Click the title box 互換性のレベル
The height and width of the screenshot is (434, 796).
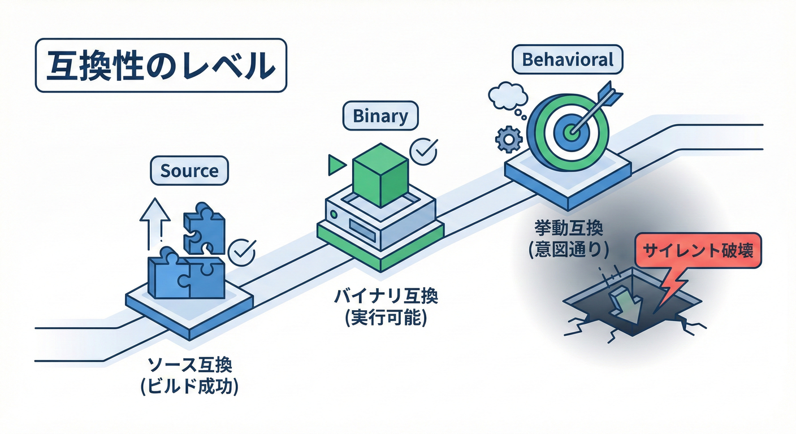tap(161, 65)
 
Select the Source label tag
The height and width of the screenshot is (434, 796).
tap(189, 170)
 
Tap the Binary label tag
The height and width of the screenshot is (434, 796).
tap(380, 116)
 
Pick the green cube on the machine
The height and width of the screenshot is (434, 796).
tap(379, 175)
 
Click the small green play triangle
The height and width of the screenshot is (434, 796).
tap(336, 164)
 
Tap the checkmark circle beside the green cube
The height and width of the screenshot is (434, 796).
tap(423, 150)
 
